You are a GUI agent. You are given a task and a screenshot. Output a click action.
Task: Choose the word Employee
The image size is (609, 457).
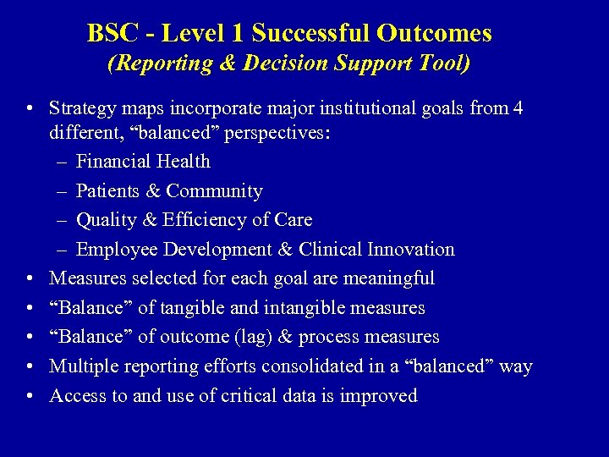[x=114, y=250]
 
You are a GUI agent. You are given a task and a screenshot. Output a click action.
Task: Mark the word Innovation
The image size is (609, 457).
[x=410, y=250]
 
